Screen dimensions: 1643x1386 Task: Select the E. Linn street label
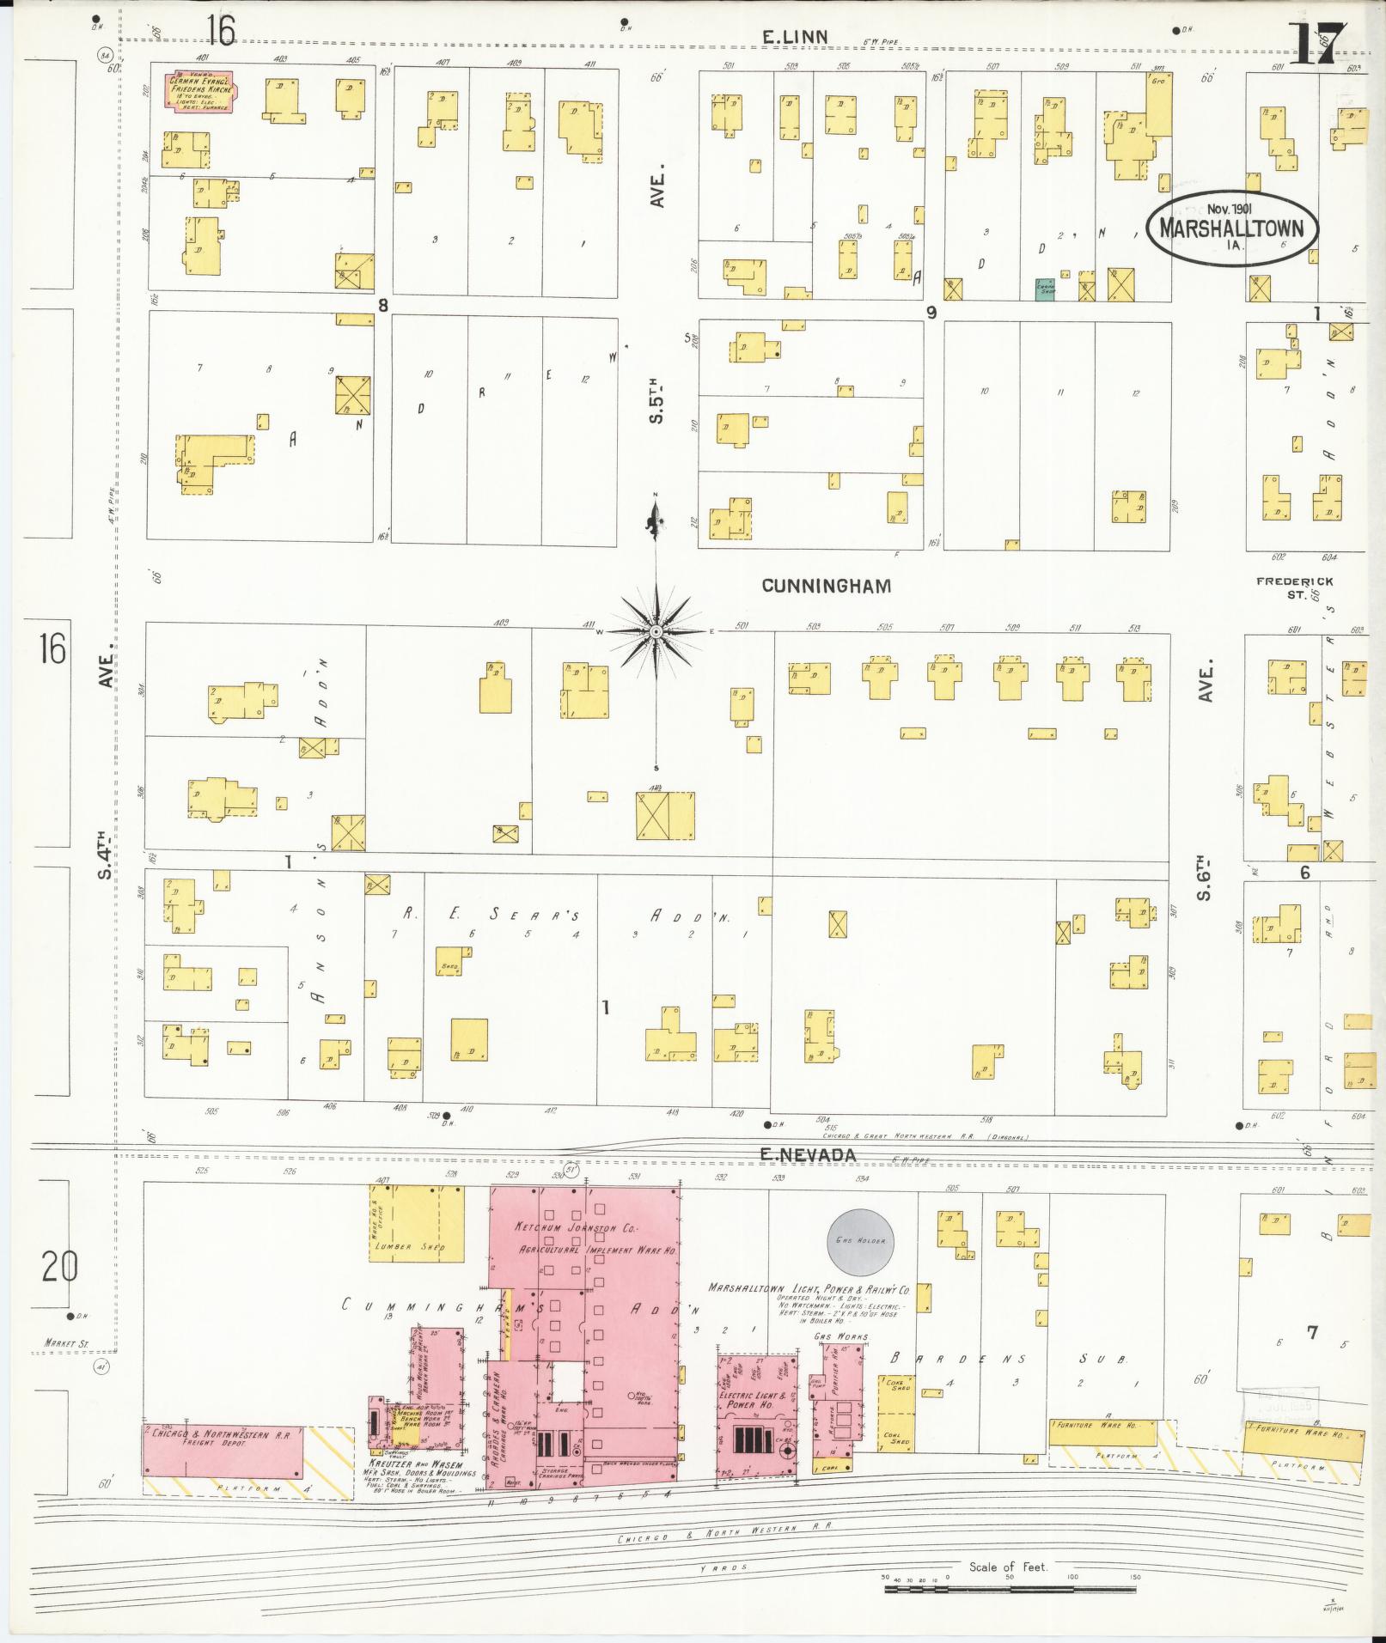(x=795, y=36)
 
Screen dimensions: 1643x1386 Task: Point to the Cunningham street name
(x=826, y=586)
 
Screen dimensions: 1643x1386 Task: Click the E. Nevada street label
(x=808, y=1156)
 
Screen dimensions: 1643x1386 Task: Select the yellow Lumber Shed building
(x=417, y=1224)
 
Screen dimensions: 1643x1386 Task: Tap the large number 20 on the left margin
(x=58, y=1266)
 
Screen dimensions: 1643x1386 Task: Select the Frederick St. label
(x=1294, y=587)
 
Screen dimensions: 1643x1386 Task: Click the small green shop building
(x=1045, y=289)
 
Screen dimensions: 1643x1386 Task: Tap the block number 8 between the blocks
(x=383, y=304)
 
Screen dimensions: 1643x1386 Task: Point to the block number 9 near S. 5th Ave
(x=931, y=313)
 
